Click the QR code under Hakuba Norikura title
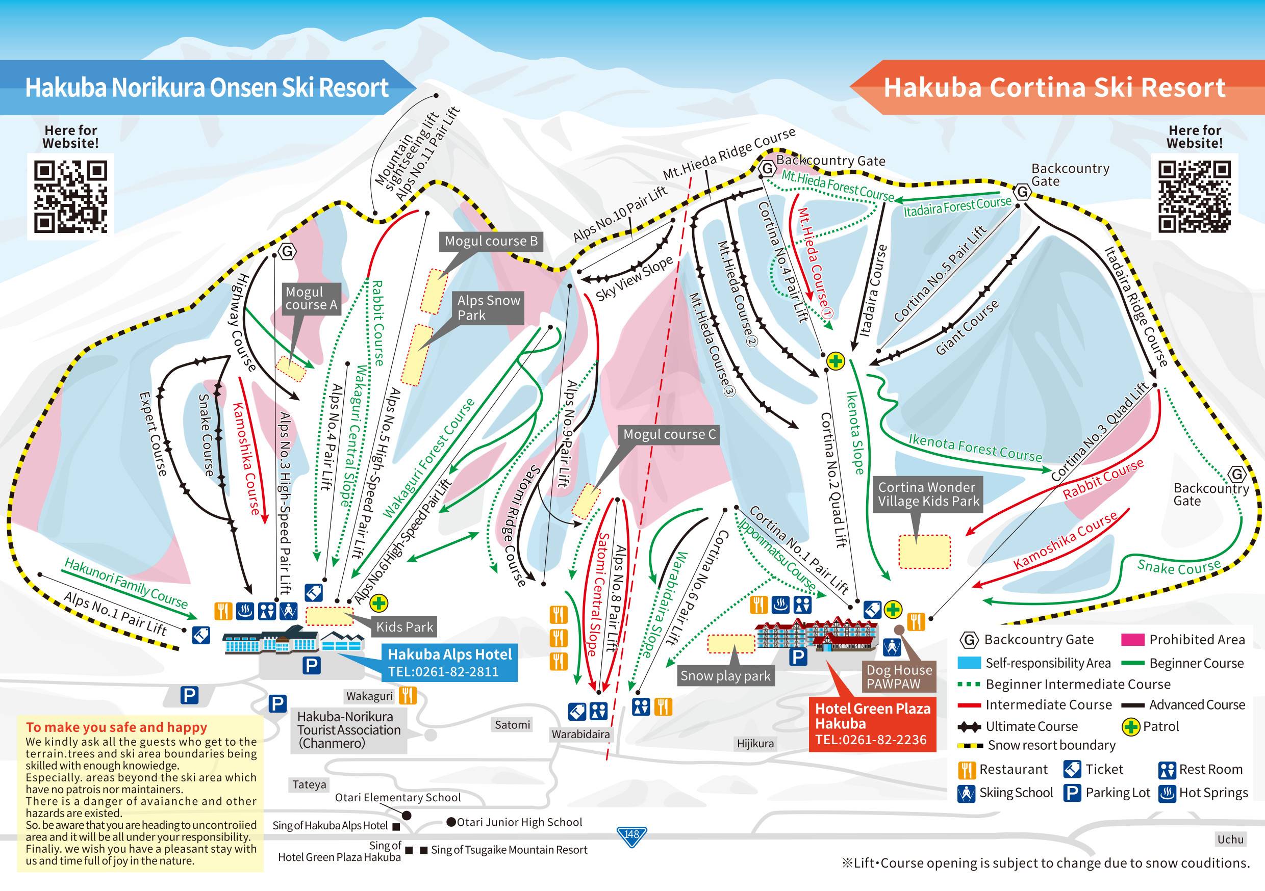[70, 196]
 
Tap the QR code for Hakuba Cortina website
[1194, 196]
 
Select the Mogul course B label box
[491, 241]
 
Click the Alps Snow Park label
[488, 308]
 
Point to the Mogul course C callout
[669, 434]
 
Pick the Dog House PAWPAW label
[899, 677]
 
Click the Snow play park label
[725, 676]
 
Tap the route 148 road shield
[631, 835]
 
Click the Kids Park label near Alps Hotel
[404, 626]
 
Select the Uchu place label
[1230, 839]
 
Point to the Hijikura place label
[755, 743]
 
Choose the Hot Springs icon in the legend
[1167, 794]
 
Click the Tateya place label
[309, 784]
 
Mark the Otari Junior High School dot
[451, 822]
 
